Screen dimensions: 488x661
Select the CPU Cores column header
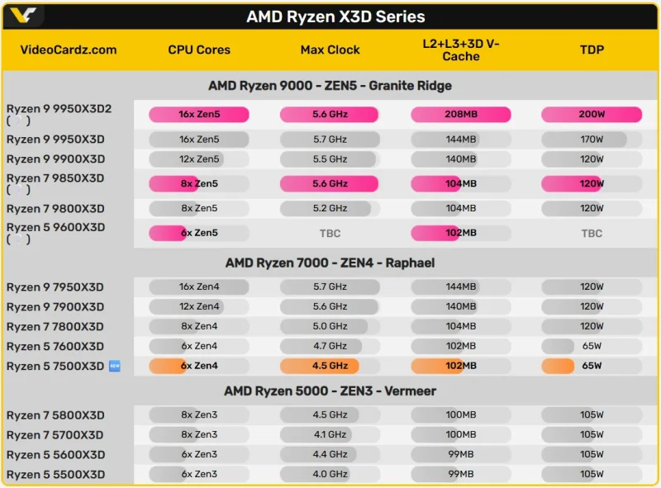click(199, 50)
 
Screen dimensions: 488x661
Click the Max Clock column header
click(330, 50)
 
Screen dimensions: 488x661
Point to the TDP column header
click(592, 50)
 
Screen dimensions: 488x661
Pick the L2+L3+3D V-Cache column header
click(461, 50)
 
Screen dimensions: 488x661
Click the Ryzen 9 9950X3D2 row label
click(59, 109)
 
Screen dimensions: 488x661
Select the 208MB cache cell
click(461, 115)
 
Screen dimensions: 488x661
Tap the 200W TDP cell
click(592, 115)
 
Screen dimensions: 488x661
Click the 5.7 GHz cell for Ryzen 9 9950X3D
click(330, 140)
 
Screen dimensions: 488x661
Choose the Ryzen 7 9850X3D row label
click(55, 178)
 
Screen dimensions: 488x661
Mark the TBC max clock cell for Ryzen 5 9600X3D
click(330, 234)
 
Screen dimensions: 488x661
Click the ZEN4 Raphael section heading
click(330, 263)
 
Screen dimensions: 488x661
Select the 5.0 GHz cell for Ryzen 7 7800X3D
click(330, 327)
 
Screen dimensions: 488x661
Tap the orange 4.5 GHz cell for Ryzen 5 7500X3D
click(330, 366)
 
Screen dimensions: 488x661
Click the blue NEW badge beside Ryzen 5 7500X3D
click(115, 366)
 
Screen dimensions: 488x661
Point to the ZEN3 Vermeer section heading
click(330, 391)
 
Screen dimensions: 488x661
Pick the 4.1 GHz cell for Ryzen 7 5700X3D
click(330, 435)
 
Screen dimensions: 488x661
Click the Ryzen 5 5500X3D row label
click(55, 475)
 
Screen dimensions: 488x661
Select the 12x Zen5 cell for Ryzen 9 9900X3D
click(199, 159)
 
